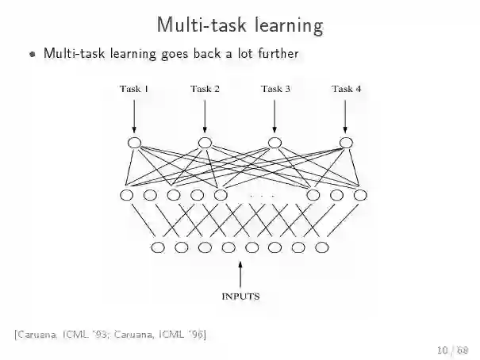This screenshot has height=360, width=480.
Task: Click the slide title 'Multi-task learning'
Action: click(x=240, y=25)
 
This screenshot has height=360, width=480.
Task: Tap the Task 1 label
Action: click(x=134, y=89)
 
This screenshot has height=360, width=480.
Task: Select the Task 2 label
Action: click(x=205, y=89)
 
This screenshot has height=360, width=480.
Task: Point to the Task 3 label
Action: click(x=275, y=89)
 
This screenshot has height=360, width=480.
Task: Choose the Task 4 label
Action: click(x=346, y=89)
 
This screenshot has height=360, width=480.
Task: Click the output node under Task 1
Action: click(x=134, y=143)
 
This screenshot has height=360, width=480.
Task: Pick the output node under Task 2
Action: click(x=205, y=143)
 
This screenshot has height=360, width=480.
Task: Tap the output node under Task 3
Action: click(x=275, y=143)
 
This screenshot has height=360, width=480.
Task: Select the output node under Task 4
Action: click(x=345, y=143)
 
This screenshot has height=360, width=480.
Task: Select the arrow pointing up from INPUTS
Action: click(x=240, y=274)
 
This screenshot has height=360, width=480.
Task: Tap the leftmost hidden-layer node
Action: click(x=127, y=195)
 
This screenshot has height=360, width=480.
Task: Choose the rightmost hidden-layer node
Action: click(x=360, y=195)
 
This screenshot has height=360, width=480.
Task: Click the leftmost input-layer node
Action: click(x=157, y=247)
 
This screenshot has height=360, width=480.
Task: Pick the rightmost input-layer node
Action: click(x=321, y=247)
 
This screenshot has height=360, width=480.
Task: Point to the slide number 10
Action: click(x=441, y=349)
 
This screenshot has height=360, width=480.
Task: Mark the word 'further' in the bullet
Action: click(x=278, y=54)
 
